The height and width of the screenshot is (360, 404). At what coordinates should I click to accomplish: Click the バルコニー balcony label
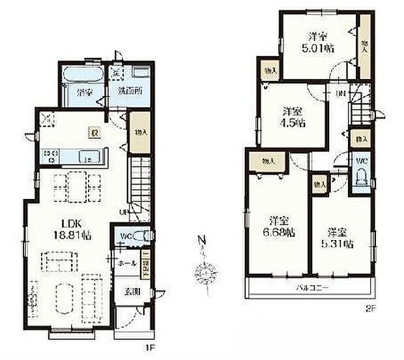311,288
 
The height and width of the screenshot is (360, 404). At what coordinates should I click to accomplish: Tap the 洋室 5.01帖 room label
317,41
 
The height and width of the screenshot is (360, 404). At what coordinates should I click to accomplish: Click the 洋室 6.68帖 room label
280,226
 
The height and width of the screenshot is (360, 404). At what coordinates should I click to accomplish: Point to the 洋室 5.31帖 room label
339,237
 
